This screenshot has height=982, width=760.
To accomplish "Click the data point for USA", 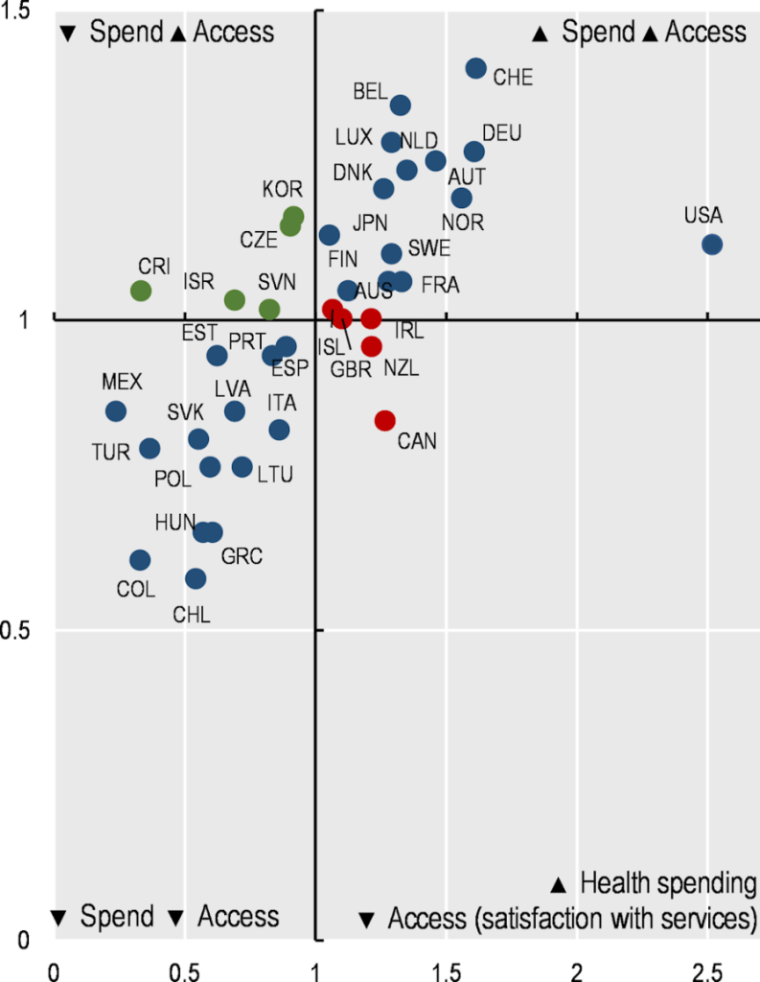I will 711,245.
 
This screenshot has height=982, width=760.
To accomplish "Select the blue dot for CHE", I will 476,69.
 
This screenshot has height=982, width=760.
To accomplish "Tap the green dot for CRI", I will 141,291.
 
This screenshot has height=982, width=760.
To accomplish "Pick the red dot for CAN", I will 385,420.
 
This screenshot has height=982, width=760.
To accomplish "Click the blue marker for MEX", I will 116,411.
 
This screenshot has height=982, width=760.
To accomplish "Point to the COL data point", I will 140,560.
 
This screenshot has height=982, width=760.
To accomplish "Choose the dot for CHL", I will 196,578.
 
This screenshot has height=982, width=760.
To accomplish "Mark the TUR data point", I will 150,448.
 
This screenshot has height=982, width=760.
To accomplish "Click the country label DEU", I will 501,133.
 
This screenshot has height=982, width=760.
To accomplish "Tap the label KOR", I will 283,188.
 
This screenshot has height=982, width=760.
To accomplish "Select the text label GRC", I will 242,555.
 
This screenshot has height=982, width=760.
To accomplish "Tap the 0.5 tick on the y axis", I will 17,630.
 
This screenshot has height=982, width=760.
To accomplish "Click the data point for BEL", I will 401,105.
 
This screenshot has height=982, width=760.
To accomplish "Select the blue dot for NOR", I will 462,199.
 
